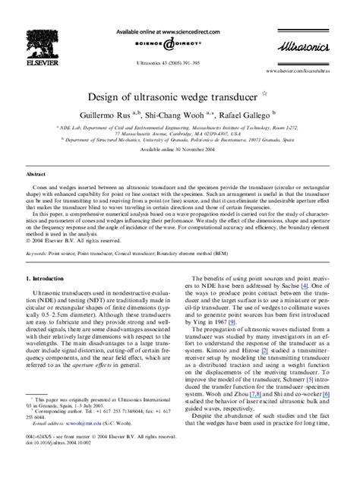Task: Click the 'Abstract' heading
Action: tap(37, 174)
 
